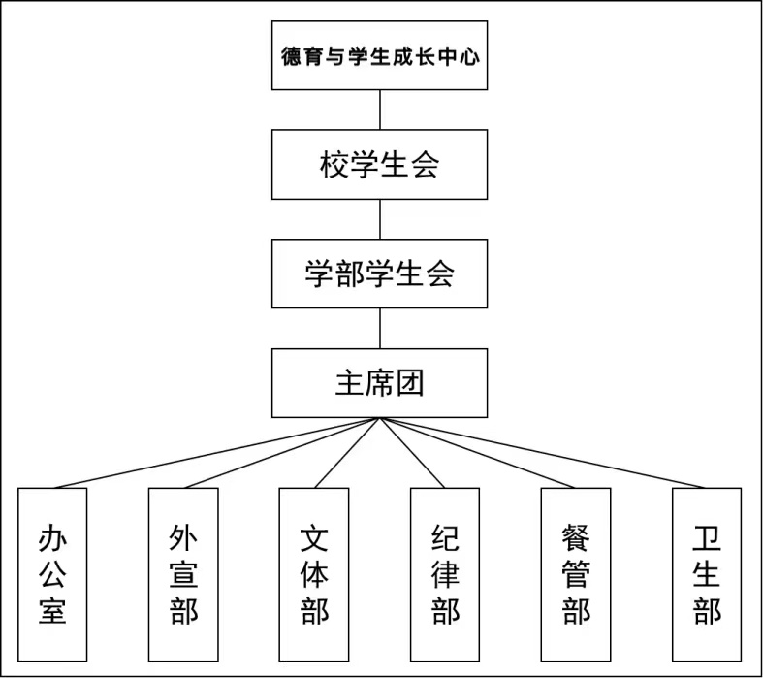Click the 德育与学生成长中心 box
pos(379,55)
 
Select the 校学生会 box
pos(379,165)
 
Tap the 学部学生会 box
pos(379,274)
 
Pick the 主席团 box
pos(379,383)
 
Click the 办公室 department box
pos(52,575)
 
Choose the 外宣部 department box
pos(183,575)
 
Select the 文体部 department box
pos(314,575)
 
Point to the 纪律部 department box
pos(445,575)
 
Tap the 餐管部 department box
pos(576,575)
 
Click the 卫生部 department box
pos(707,575)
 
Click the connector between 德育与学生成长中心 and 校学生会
pos(380,110)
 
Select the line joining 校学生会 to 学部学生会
pos(380,219)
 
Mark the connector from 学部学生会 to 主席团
pos(380,329)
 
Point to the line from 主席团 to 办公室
pos(216,453)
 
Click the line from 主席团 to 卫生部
pos(543,453)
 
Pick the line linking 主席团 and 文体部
pos(347,453)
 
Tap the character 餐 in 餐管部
pos(576,537)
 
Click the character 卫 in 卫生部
pos(707,537)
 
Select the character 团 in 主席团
pos(410,383)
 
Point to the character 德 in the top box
pos(291,56)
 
